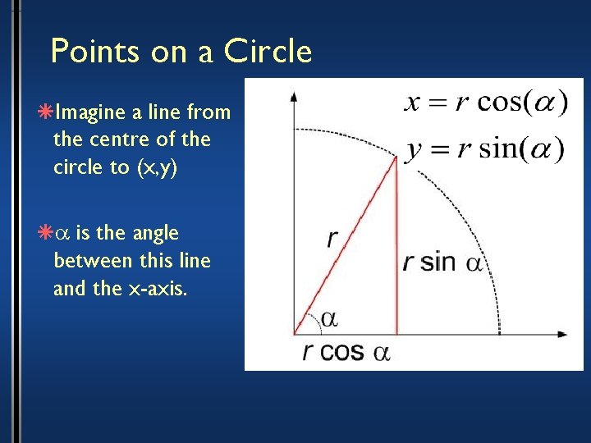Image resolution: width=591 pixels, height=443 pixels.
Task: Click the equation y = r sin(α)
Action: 484,149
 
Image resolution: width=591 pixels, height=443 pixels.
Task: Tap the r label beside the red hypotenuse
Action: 332,239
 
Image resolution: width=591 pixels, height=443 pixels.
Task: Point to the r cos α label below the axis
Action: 345,352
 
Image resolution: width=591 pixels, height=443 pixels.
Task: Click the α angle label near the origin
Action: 329,318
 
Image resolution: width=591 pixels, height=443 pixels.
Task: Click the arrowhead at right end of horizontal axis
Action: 562,334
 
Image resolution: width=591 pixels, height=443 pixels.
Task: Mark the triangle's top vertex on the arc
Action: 398,158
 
